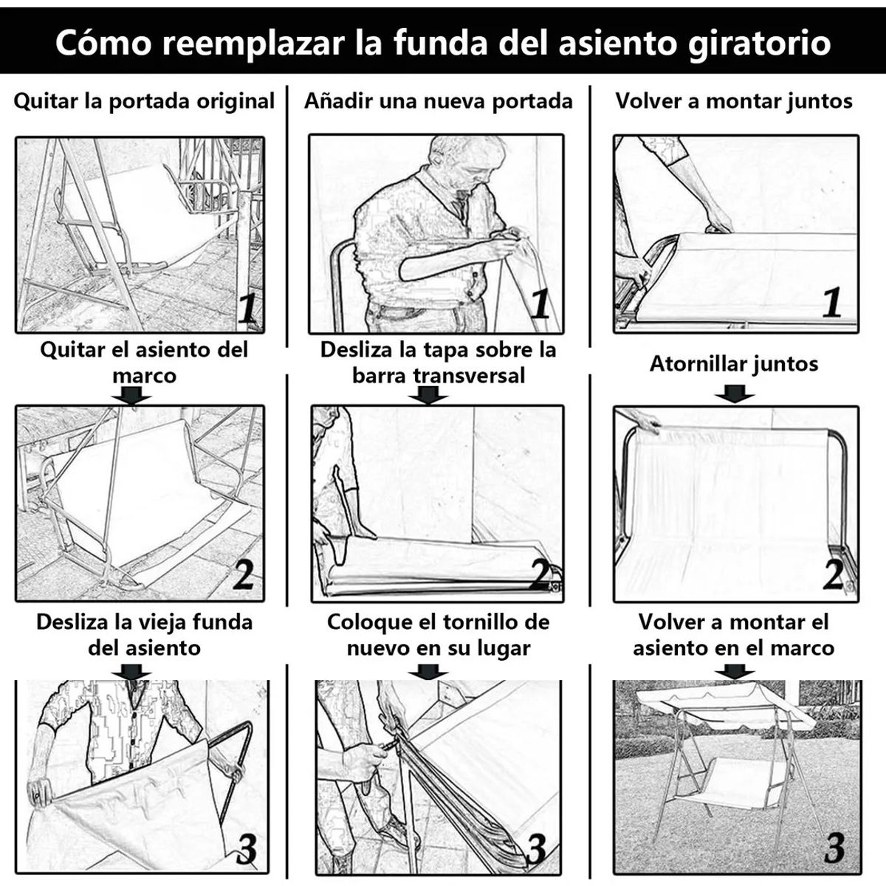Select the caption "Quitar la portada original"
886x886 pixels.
tap(144, 101)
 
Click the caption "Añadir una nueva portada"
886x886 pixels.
tap(439, 101)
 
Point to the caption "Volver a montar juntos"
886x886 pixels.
tap(734, 101)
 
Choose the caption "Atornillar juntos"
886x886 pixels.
tap(734, 364)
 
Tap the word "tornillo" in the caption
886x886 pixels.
tap(478, 622)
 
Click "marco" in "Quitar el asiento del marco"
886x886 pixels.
tap(144, 375)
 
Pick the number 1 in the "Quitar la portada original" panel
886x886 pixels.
tap(248, 310)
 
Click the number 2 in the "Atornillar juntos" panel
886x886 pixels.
tap(834, 574)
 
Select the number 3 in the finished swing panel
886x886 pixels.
tap(834, 848)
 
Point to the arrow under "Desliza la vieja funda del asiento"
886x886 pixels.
tap(132, 671)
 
